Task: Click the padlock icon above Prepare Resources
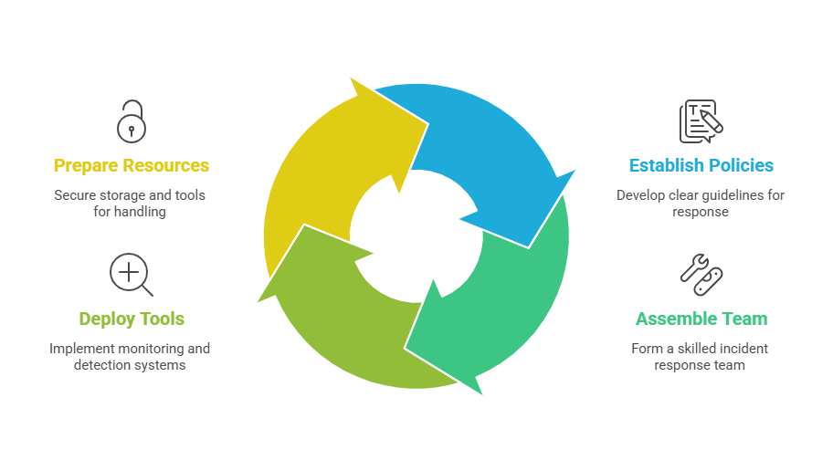(131, 120)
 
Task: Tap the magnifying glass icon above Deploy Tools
(130, 274)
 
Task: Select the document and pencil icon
(700, 121)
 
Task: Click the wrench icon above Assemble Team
(701, 274)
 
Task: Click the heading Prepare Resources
(132, 165)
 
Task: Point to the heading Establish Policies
(701, 165)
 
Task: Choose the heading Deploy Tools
(132, 319)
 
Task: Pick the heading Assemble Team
(701, 319)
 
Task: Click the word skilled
(690, 348)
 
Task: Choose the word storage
(125, 194)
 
